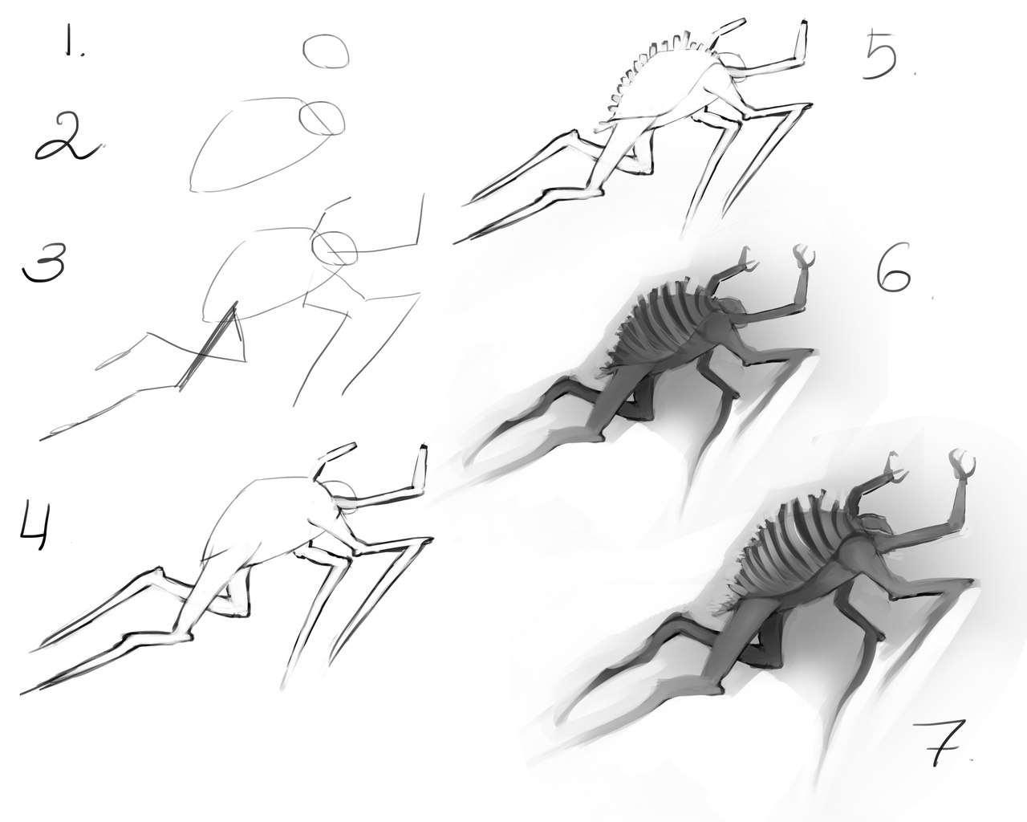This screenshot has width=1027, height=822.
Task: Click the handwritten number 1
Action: click(x=74, y=41)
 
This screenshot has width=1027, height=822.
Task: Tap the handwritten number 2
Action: click(x=67, y=139)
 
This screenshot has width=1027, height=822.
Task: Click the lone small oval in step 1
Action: click(x=327, y=51)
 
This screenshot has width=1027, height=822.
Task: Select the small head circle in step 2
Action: click(x=322, y=117)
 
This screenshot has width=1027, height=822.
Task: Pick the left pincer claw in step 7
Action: click(x=897, y=469)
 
